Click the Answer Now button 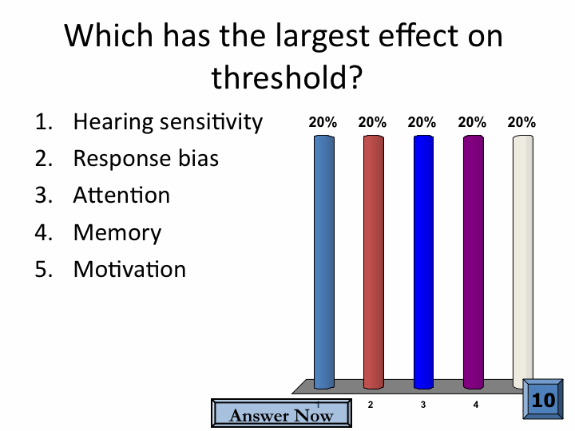point(281,413)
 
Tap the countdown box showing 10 point(543,399)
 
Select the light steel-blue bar point(324,262)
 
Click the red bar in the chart point(374,262)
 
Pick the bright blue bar point(423,262)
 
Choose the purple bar point(474,262)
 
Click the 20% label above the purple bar point(472,122)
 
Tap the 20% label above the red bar point(372,122)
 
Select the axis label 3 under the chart point(423,405)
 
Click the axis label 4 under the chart point(476,405)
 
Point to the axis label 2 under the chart point(371,405)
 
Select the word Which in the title point(109,35)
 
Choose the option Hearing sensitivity point(168,122)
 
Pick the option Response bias point(146,158)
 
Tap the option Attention point(121,195)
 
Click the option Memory point(117,233)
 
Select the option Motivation point(130,270)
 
